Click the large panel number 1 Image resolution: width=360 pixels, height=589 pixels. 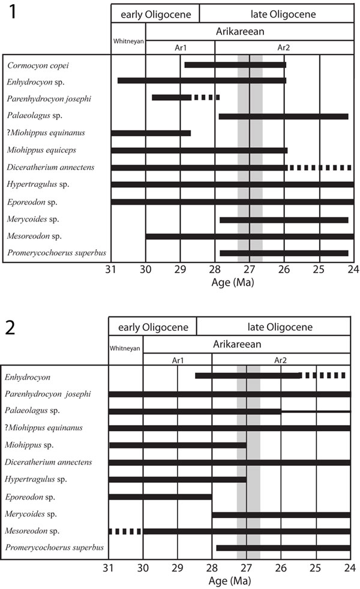coord(10,13)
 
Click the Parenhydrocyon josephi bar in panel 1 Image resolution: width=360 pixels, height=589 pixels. coord(172,97)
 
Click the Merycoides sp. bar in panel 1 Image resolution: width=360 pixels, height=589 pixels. coord(283,220)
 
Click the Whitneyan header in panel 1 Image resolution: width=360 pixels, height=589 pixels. coord(128,41)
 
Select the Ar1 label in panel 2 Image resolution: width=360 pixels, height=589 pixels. coord(178,360)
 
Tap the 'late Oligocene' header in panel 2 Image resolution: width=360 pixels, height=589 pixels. coord(274,327)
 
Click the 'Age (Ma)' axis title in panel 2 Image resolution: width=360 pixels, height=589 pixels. coord(230,581)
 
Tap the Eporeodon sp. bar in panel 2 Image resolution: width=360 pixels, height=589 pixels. coord(160,497)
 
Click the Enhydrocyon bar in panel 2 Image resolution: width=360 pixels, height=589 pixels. coord(247,376)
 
